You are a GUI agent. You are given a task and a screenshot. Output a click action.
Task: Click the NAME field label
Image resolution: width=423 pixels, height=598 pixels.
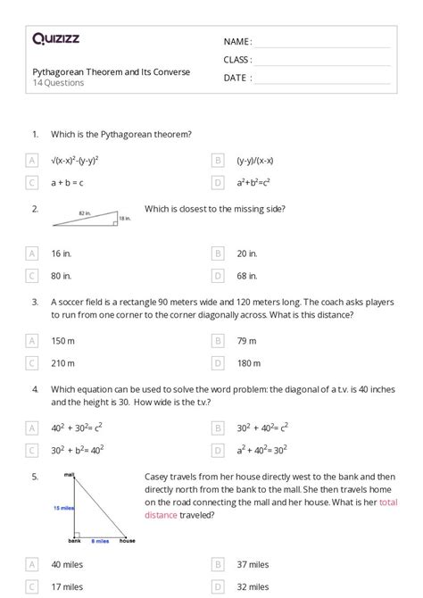237,42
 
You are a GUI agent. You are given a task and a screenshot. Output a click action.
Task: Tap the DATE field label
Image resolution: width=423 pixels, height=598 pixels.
237,78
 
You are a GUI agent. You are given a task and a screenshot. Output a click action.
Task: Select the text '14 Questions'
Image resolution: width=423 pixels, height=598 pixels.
58,83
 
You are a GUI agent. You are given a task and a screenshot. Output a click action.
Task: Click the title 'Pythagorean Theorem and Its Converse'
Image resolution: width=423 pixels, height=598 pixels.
111,72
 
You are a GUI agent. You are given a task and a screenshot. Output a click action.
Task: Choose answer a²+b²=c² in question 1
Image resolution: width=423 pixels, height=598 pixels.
253,183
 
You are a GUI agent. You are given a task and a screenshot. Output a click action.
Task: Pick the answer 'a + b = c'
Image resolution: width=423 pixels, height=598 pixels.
67,183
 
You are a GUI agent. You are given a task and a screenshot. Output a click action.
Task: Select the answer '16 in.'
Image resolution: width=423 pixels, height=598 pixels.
62,253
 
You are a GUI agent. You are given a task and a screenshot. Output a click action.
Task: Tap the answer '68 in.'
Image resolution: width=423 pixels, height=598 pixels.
247,276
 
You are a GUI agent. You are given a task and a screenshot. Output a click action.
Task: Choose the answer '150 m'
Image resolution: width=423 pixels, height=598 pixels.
63,340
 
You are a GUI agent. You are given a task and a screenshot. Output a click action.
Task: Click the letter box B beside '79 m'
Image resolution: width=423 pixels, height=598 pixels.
218,340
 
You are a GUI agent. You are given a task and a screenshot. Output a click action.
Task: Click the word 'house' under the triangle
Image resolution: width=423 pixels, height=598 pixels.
127,542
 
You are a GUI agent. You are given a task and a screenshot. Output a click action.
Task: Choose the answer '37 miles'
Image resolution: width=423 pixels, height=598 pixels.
253,564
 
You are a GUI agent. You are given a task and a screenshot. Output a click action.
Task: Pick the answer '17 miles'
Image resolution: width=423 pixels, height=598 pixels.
67,586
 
